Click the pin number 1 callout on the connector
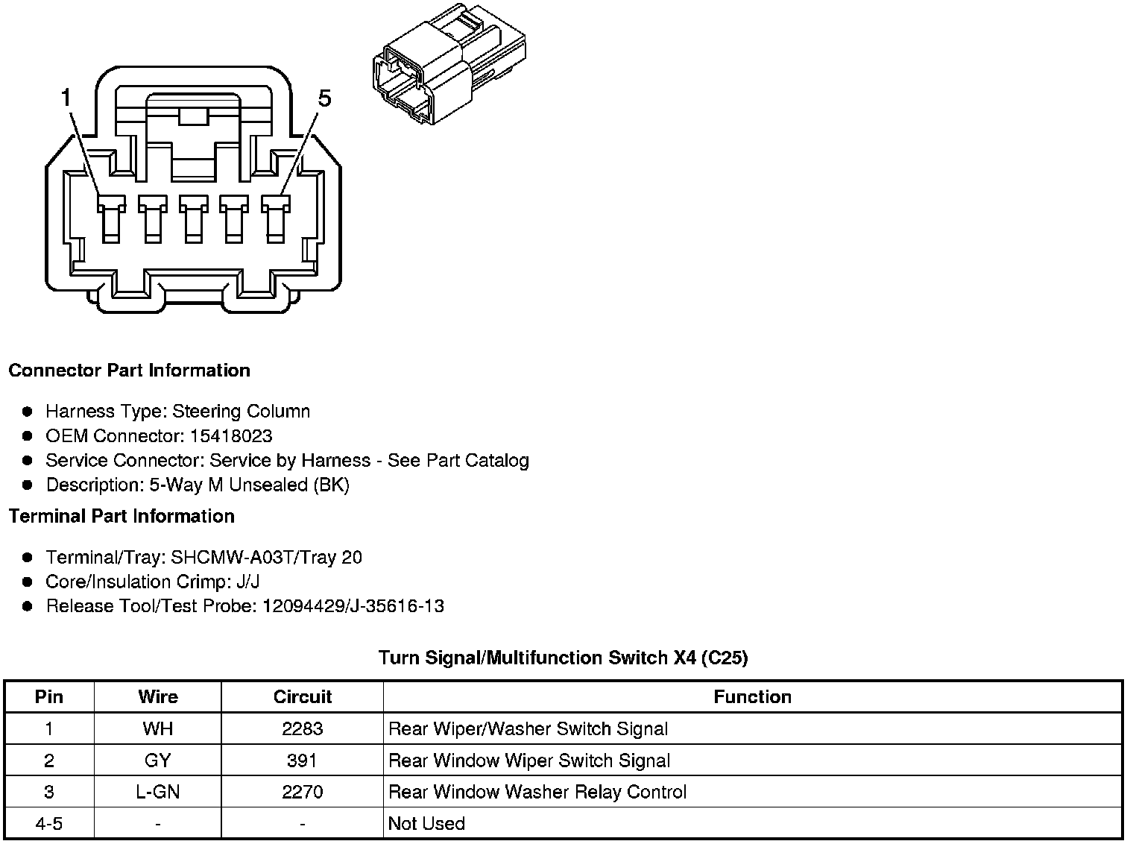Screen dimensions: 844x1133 tap(66, 98)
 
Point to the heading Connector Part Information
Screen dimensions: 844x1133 tap(129, 371)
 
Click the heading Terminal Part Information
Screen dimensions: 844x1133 tap(121, 516)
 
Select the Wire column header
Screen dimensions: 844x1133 tap(158, 697)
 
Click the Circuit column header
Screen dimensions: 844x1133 tap(302, 697)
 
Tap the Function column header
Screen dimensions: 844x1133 tap(752, 697)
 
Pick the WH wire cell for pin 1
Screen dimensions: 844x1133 tap(158, 729)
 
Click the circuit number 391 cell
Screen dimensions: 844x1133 tap(302, 760)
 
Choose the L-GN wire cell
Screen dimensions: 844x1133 tap(158, 792)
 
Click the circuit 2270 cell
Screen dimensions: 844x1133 tap(302, 792)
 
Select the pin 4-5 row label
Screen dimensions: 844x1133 tap(49, 824)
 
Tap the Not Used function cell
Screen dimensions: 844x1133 tap(426, 824)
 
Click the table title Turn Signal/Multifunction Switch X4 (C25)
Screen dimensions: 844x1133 tap(563, 658)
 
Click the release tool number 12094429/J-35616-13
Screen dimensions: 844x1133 tap(353, 606)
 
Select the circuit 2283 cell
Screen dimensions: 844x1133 tap(302, 729)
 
